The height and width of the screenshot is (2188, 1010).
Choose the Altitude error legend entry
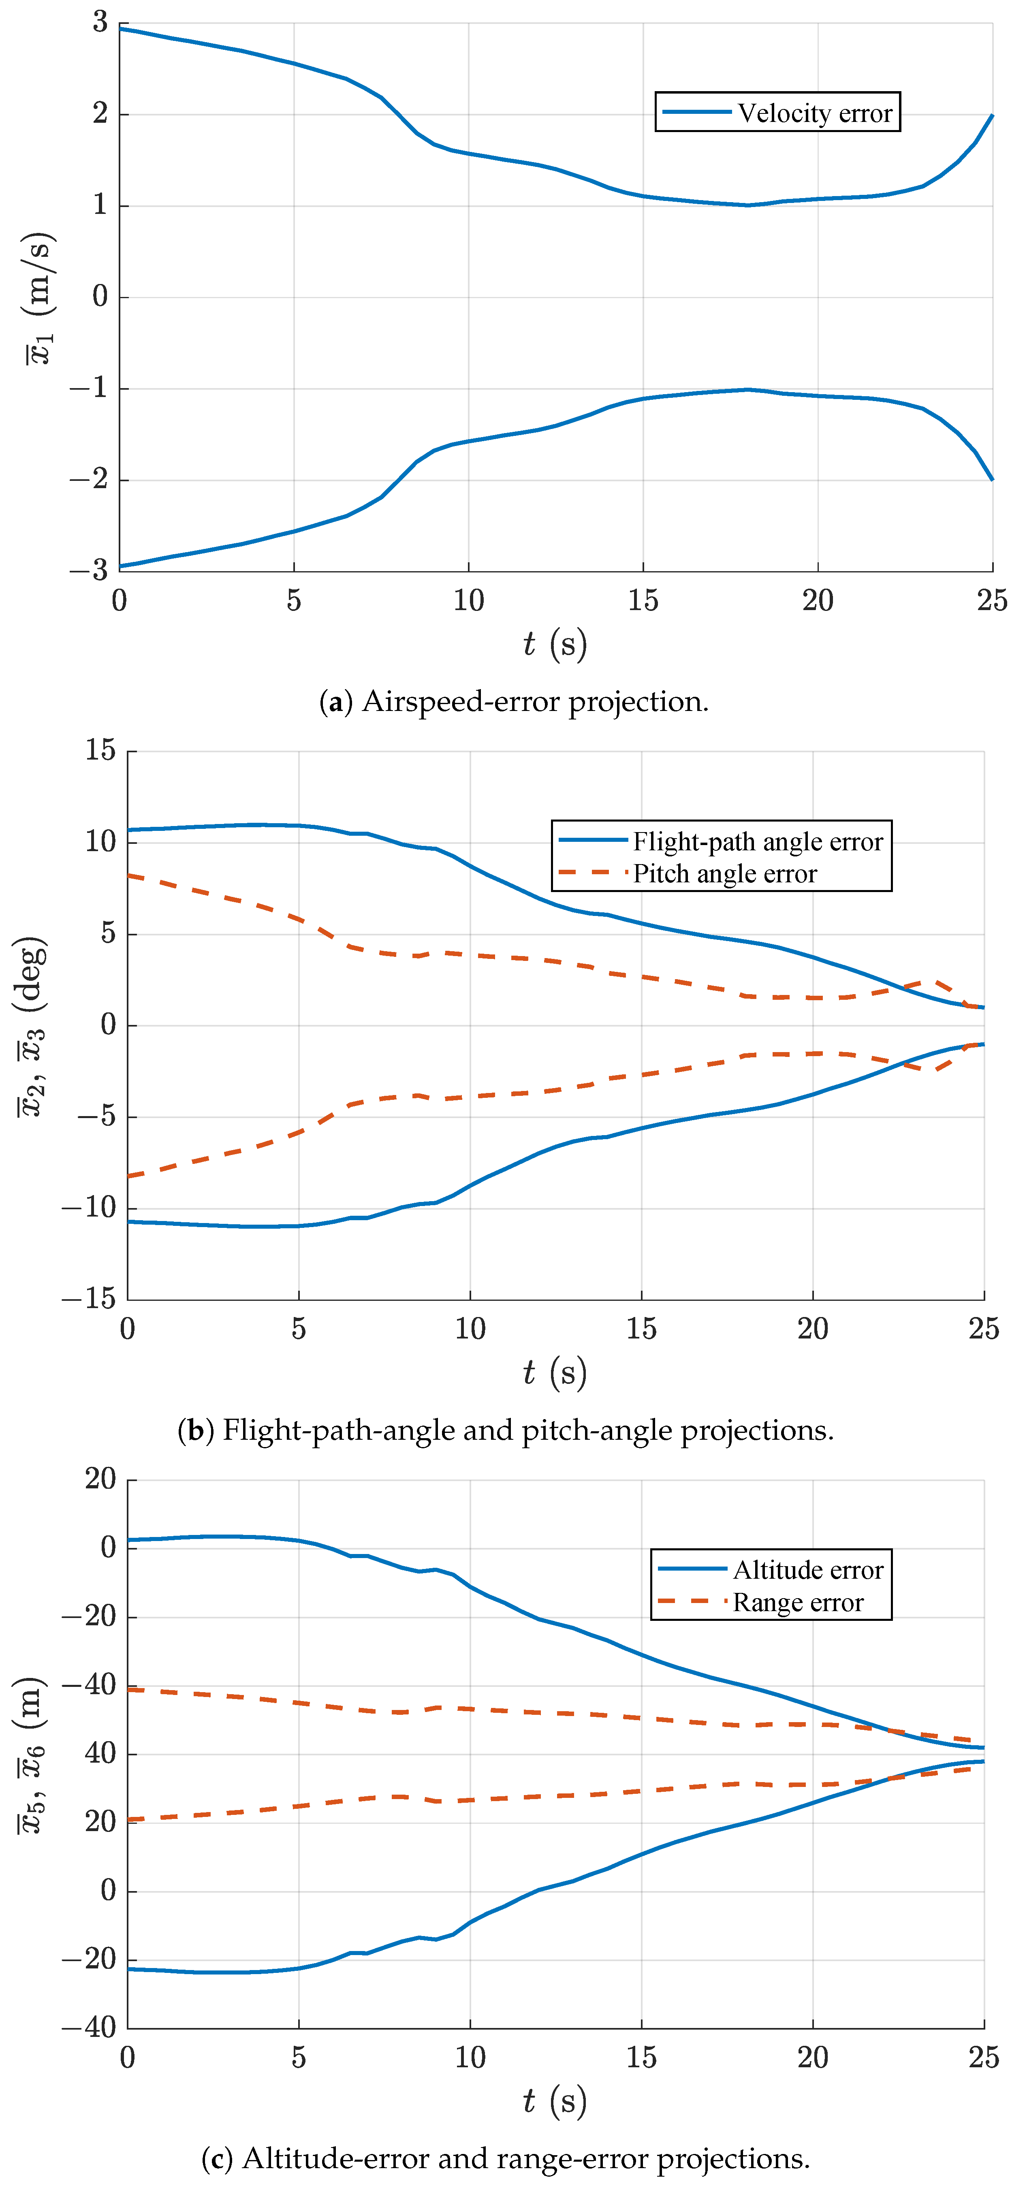[771, 1570]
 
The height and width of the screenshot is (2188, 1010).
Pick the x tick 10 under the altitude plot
[470, 2057]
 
